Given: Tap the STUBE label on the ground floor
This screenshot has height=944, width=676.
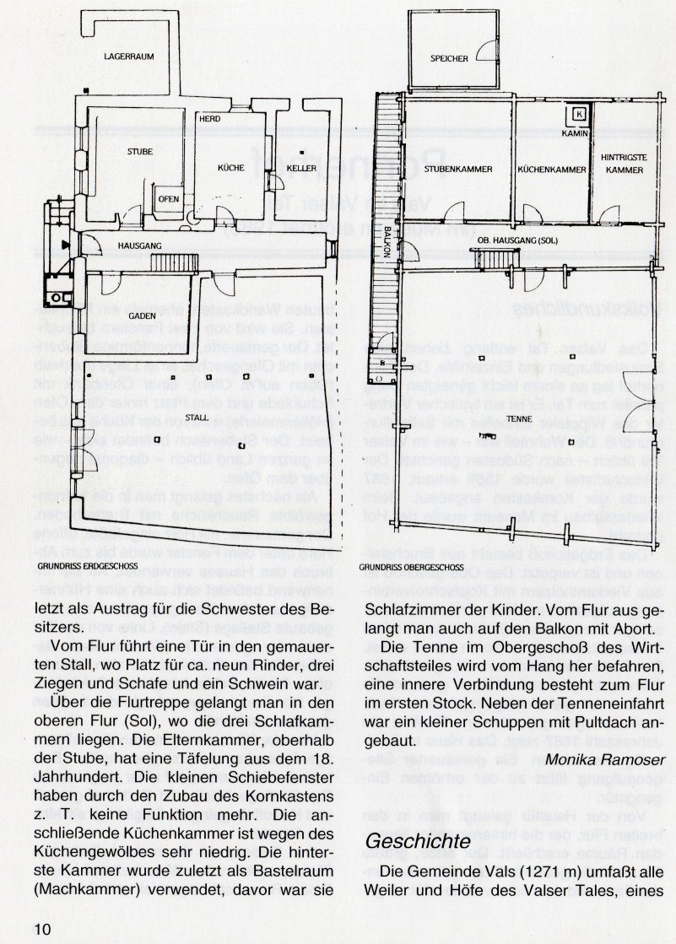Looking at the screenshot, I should pyautogui.click(x=140, y=152).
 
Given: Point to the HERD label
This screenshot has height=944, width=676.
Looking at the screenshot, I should pyautogui.click(x=210, y=119).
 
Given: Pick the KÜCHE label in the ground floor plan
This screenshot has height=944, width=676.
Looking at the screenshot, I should pyautogui.click(x=231, y=169).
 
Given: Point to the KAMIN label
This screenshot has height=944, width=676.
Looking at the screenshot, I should pyautogui.click(x=578, y=133).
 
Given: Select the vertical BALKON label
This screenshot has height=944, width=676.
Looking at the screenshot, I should pyautogui.click(x=386, y=240).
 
